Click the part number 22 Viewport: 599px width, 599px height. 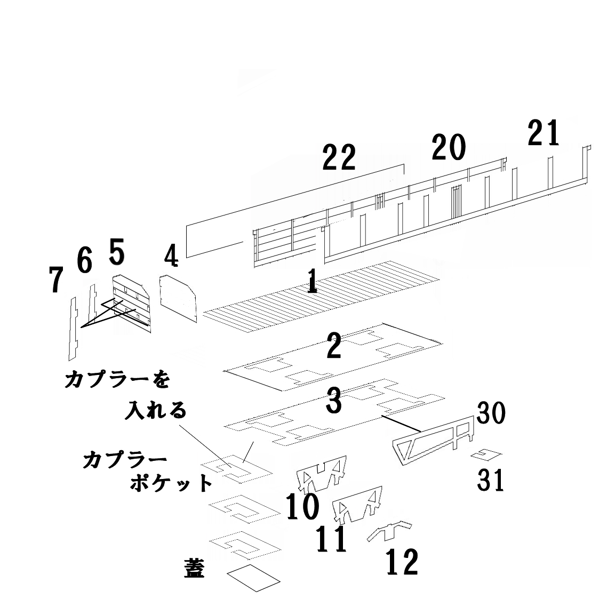(339, 158)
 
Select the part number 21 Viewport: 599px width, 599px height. (544, 133)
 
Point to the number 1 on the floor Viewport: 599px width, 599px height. (312, 281)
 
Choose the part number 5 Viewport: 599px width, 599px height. (117, 252)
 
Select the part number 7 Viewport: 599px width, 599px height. (55, 280)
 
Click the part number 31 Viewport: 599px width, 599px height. (491, 480)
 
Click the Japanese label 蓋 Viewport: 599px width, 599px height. (193, 569)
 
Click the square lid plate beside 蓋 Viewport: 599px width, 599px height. (253, 578)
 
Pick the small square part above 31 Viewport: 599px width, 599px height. (487, 454)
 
